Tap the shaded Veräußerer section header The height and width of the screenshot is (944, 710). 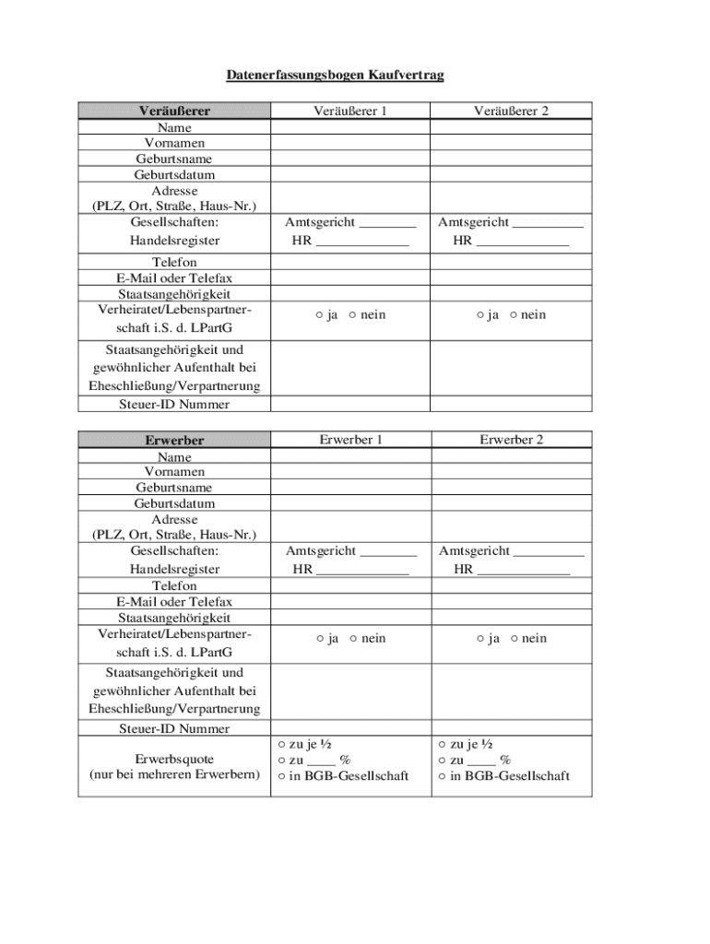click(x=174, y=111)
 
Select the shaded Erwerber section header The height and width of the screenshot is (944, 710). click(x=174, y=440)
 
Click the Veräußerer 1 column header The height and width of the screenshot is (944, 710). click(x=350, y=111)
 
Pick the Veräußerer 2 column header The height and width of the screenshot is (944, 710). click(x=512, y=111)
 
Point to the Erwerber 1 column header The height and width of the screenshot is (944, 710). click(x=350, y=440)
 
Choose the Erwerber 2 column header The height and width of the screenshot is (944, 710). click(x=512, y=440)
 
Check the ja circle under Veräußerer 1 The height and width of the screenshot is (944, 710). click(x=318, y=315)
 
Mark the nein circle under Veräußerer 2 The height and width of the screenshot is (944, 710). click(x=513, y=315)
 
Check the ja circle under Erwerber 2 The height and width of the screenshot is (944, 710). click(x=480, y=639)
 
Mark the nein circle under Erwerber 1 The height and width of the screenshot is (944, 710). click(x=352, y=639)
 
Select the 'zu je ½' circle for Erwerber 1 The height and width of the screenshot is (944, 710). click(x=281, y=744)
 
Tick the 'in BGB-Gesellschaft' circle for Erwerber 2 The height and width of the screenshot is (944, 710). click(x=443, y=776)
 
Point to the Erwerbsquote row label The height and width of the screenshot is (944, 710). click(x=174, y=759)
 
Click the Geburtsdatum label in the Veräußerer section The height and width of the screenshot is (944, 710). click(x=174, y=174)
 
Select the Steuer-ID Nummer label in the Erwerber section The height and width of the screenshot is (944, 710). click(x=174, y=728)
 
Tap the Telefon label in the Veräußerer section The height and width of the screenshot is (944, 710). click(x=174, y=263)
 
